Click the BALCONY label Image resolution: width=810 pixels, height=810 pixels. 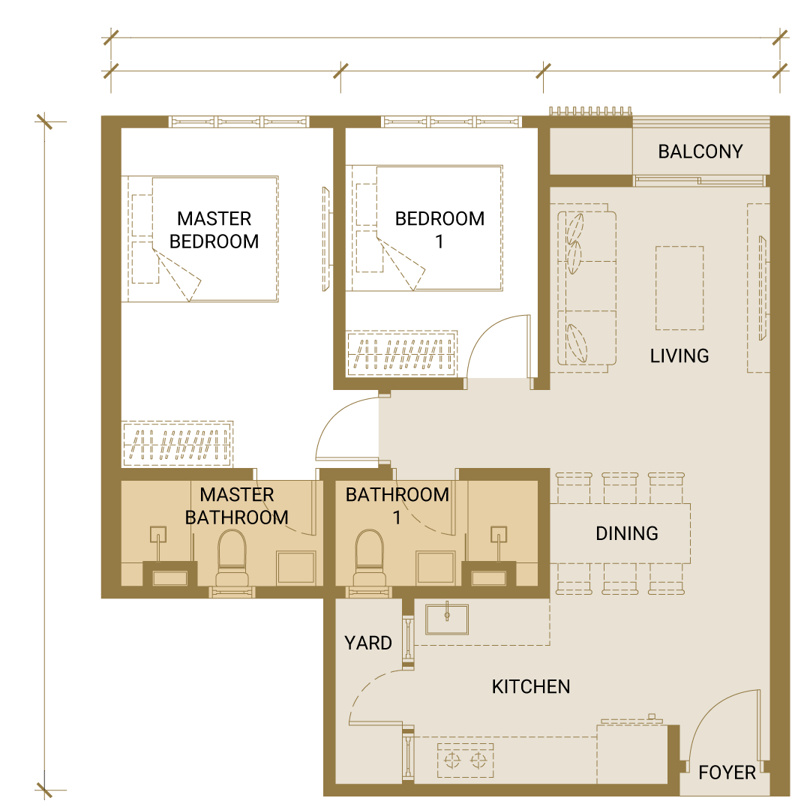pyautogui.click(x=700, y=151)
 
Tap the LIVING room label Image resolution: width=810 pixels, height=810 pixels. pyautogui.click(x=679, y=356)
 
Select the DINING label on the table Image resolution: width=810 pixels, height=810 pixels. pyautogui.click(x=626, y=533)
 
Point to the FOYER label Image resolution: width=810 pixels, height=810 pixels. pyautogui.click(x=727, y=772)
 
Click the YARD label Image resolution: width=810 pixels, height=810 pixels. pyautogui.click(x=367, y=643)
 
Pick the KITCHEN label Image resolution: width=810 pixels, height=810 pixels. pyautogui.click(x=531, y=686)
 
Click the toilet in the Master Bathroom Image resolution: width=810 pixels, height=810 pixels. pyautogui.click(x=232, y=558)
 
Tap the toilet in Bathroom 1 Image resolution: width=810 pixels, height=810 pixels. pyautogui.click(x=369, y=558)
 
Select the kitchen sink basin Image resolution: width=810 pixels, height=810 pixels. pyautogui.click(x=447, y=619)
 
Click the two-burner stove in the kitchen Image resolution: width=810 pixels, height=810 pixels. pyautogui.click(x=466, y=760)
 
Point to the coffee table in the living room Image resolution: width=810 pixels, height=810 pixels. pyautogui.click(x=679, y=288)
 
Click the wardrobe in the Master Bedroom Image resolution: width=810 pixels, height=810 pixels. pyautogui.click(x=178, y=444)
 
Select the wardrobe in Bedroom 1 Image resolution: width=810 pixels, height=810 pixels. pyautogui.click(x=402, y=352)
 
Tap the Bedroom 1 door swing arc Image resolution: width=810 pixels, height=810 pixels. pyautogui.click(x=485, y=331)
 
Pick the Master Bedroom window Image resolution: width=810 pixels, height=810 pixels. pyautogui.click(x=239, y=122)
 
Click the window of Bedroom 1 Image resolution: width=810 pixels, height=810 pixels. pyautogui.click(x=451, y=122)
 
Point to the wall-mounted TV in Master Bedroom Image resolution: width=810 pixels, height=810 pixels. pyautogui.click(x=326, y=239)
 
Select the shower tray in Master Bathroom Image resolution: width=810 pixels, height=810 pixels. pyautogui.click(x=296, y=568)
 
